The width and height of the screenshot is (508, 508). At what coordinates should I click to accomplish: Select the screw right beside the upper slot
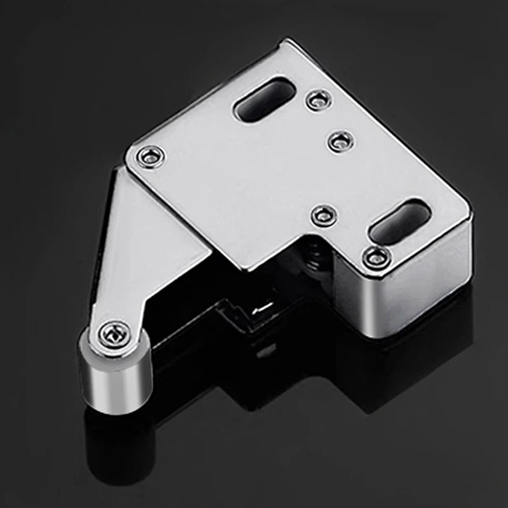pos(317,99)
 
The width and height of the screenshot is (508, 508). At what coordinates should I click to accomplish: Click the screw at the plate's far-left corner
pos(151,156)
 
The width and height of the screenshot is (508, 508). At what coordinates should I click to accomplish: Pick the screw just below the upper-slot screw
pos(342,140)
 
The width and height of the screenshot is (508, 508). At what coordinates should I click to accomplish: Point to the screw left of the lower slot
pos(324,215)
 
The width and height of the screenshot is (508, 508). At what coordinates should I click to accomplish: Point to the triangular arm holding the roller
pos(146,254)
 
